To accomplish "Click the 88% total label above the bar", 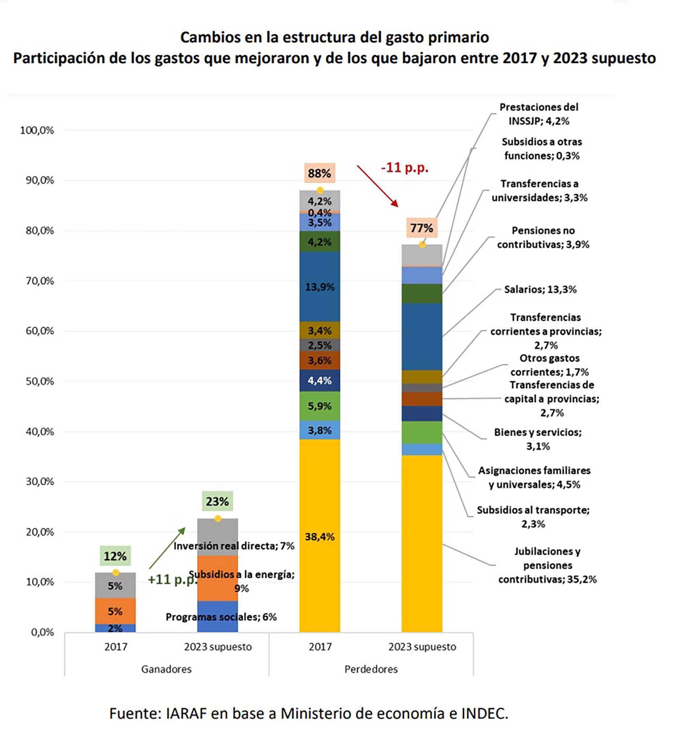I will (x=319, y=173).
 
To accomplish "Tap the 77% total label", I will (x=421, y=228).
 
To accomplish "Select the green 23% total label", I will (x=217, y=501).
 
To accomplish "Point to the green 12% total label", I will (x=115, y=556).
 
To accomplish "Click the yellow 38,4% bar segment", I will (x=320, y=537).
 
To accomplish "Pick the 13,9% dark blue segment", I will (x=320, y=287).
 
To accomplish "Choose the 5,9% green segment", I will (x=320, y=406).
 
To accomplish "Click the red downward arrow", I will (x=377, y=186).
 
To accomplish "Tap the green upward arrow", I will (x=167, y=548).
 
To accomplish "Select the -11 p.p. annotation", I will (x=404, y=167).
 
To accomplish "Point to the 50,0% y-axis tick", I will (x=40, y=381).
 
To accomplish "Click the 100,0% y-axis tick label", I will (x=37, y=130).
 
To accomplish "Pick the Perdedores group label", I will (x=371, y=669).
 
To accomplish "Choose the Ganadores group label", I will (x=166, y=669).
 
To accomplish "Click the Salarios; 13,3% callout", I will (x=540, y=289).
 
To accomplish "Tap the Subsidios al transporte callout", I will (x=533, y=517).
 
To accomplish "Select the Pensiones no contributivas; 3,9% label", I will (x=543, y=237).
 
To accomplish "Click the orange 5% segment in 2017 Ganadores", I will (x=115, y=611).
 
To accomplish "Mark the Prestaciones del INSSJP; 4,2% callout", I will (x=539, y=114).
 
